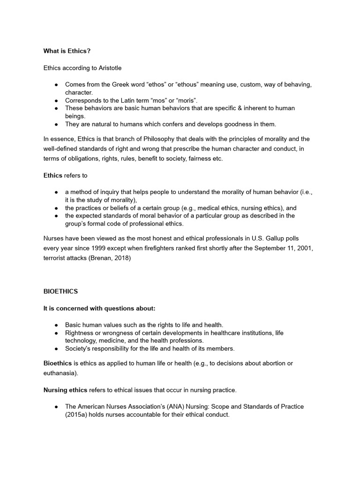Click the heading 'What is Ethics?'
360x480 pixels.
67,51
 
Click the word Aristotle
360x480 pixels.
110,68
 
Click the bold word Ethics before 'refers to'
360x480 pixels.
52,175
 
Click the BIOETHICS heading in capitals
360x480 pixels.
60,291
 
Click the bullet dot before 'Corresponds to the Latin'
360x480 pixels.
56,100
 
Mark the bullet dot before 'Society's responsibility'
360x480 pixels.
56,348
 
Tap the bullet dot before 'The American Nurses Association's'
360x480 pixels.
56,406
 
